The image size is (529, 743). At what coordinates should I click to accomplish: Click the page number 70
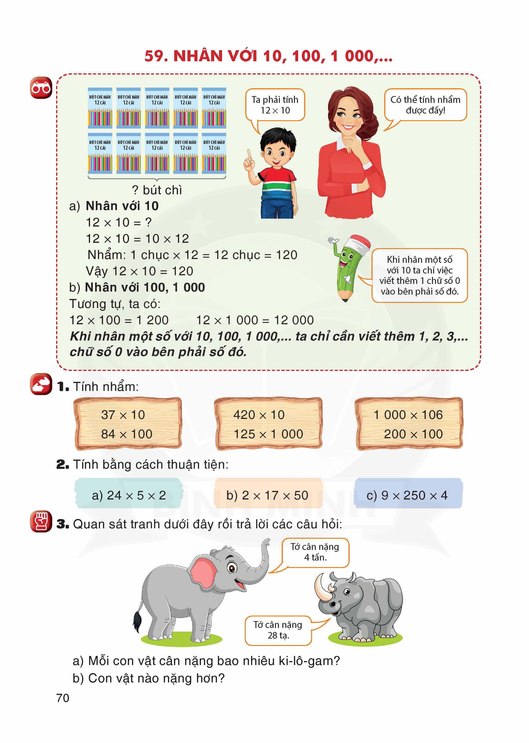63,698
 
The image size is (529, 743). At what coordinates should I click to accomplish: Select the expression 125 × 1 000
268,434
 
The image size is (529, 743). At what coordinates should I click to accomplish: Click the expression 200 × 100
413,434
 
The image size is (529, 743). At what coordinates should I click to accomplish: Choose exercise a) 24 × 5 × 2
129,495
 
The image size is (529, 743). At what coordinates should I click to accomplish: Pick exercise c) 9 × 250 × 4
407,495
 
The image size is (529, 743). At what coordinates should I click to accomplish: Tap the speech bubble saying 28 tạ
278,630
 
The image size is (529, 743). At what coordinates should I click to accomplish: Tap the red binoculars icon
41,88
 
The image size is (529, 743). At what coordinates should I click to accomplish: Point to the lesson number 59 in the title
156,56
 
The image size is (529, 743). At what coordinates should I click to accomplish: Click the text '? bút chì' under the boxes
157,190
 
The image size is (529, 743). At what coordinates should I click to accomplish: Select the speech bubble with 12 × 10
275,105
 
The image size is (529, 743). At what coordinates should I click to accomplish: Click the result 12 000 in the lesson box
294,320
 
